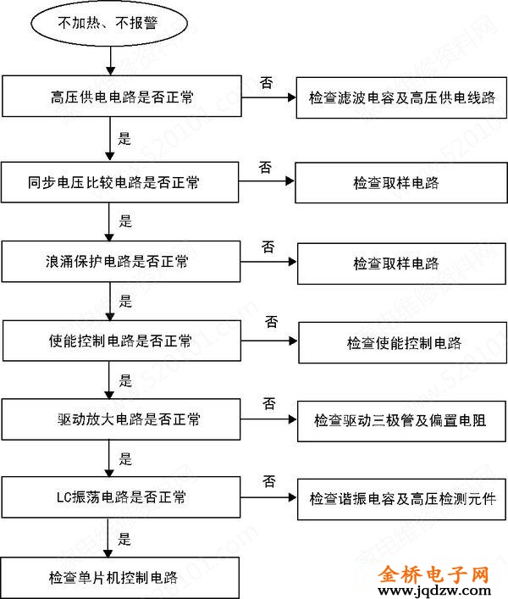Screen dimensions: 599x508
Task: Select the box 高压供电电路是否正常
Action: tap(122, 97)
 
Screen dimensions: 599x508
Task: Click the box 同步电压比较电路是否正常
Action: tap(122, 181)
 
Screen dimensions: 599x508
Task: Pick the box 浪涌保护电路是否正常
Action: tap(122, 262)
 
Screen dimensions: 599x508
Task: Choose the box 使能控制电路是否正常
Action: tap(122, 341)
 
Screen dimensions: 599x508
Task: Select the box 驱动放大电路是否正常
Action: tap(122, 419)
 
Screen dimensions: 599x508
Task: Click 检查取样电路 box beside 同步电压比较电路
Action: tap(395, 182)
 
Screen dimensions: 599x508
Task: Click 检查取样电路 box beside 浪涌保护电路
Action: tap(395, 263)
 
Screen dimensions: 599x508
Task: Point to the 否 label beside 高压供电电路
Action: tap(266, 83)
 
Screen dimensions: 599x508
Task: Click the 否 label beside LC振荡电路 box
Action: tap(269, 481)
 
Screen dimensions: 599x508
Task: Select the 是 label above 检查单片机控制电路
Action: tap(125, 538)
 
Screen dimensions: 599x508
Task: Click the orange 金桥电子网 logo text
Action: tap(435, 573)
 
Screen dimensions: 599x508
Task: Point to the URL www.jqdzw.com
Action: tap(435, 590)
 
